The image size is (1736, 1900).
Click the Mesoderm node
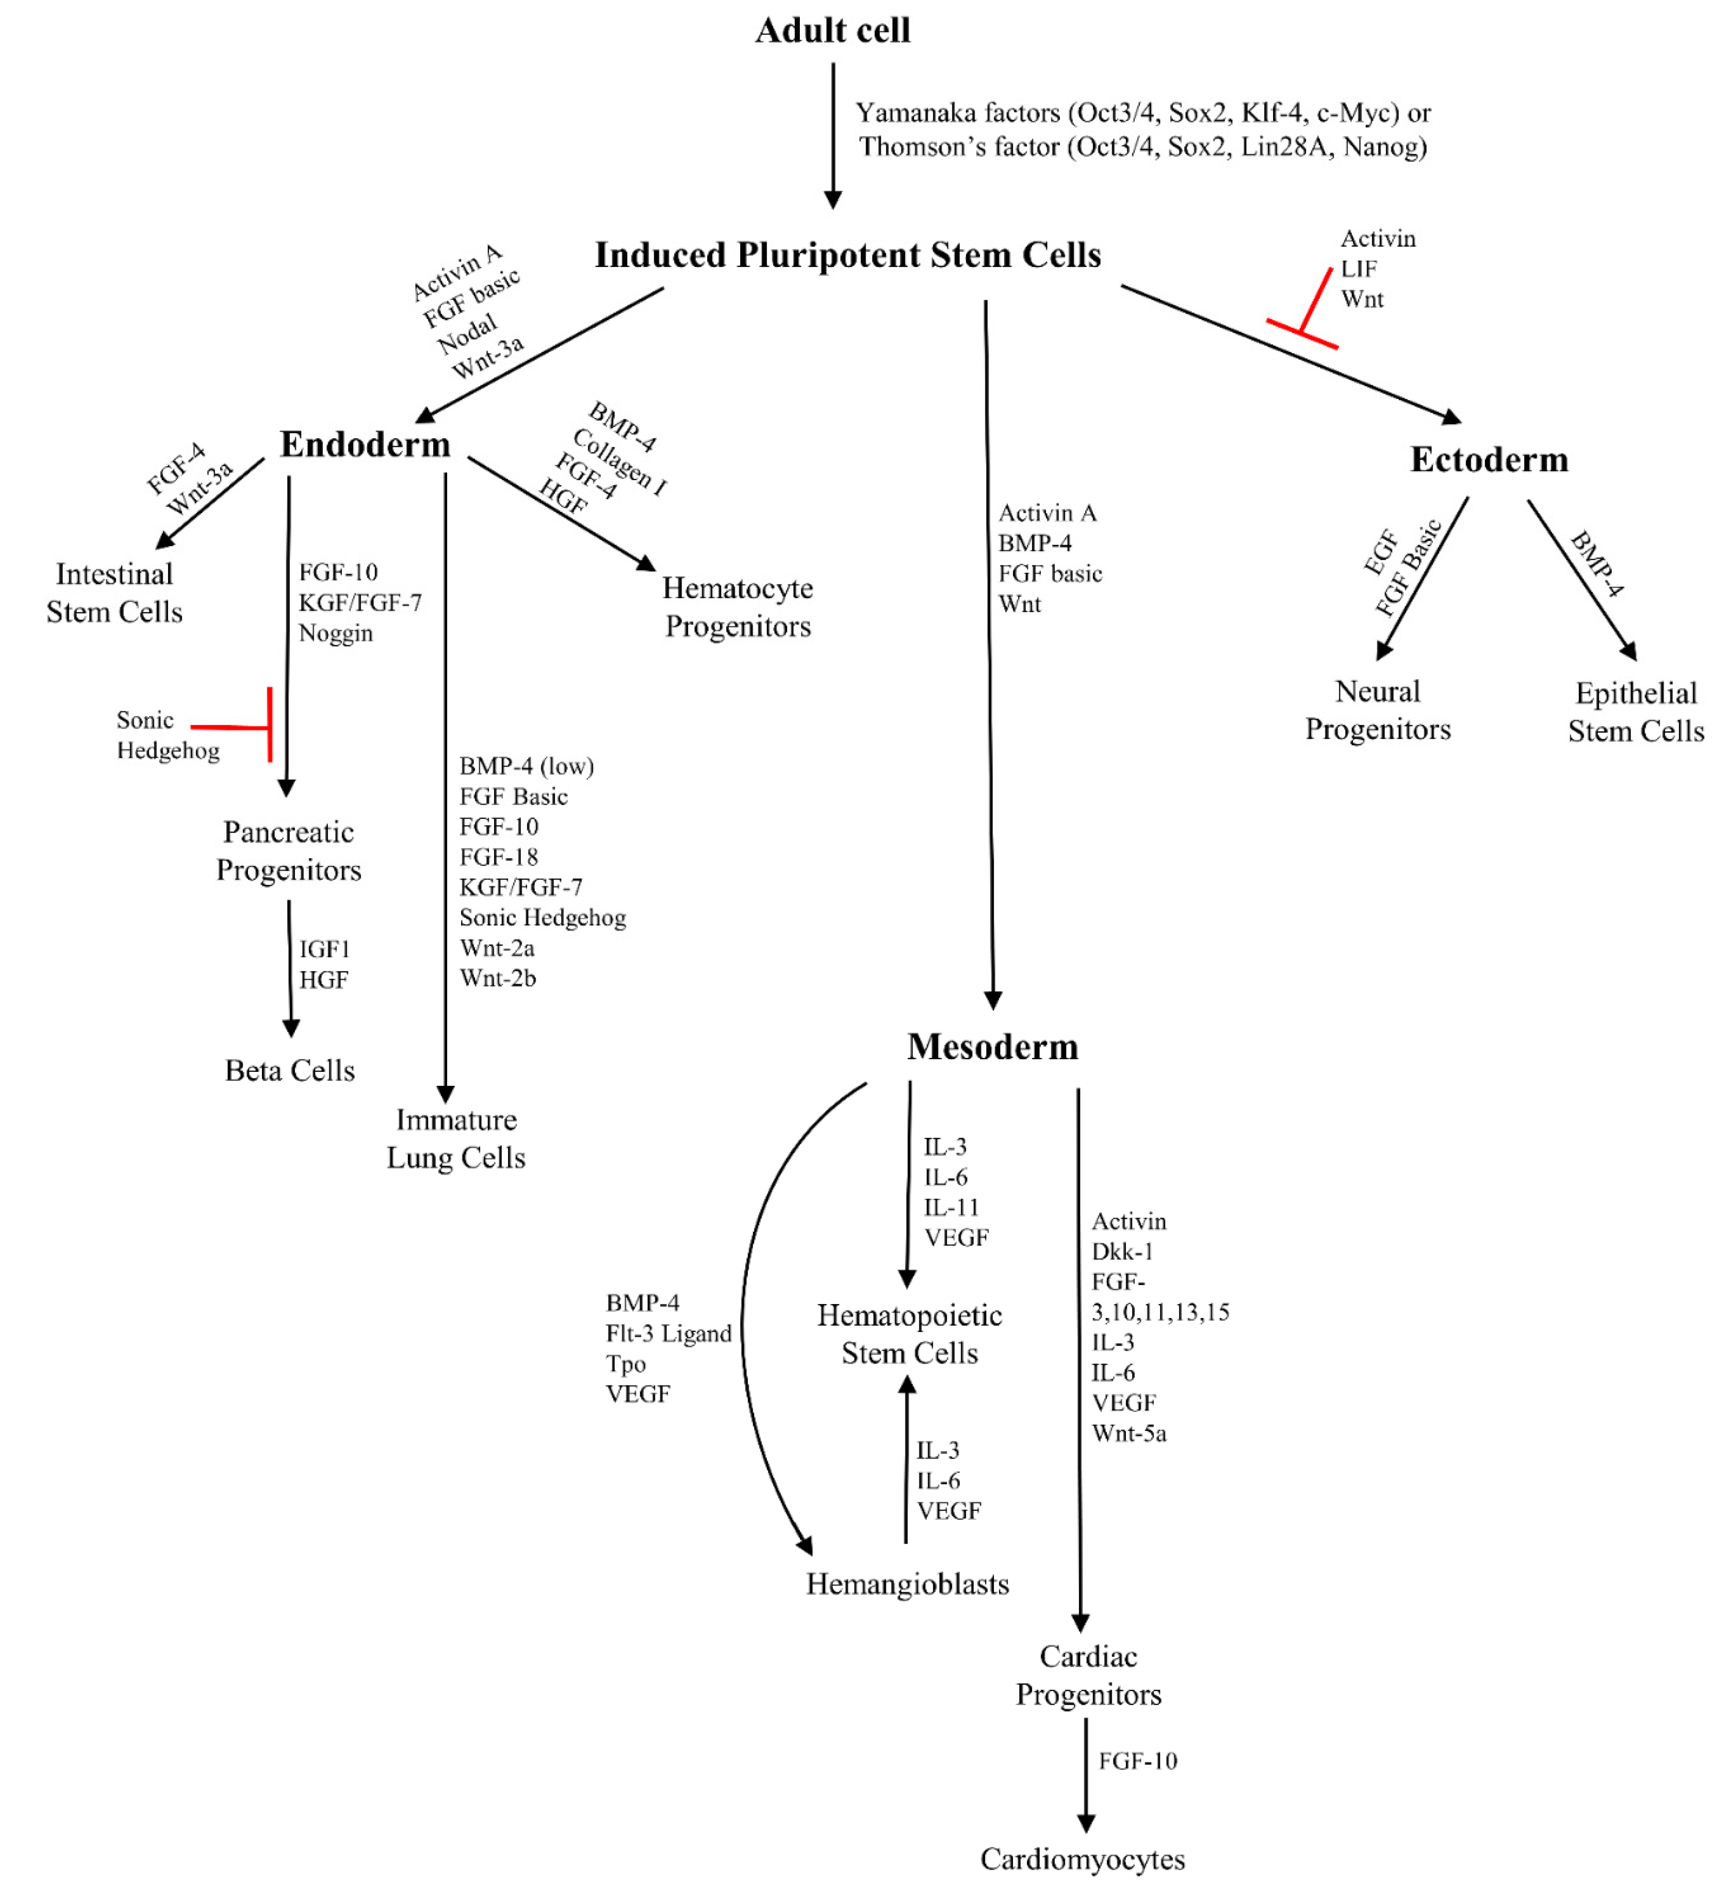(x=992, y=1047)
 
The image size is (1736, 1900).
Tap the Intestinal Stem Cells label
(x=114, y=593)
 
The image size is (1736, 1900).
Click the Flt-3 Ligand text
(x=668, y=1333)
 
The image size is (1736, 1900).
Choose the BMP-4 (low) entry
(x=526, y=766)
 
